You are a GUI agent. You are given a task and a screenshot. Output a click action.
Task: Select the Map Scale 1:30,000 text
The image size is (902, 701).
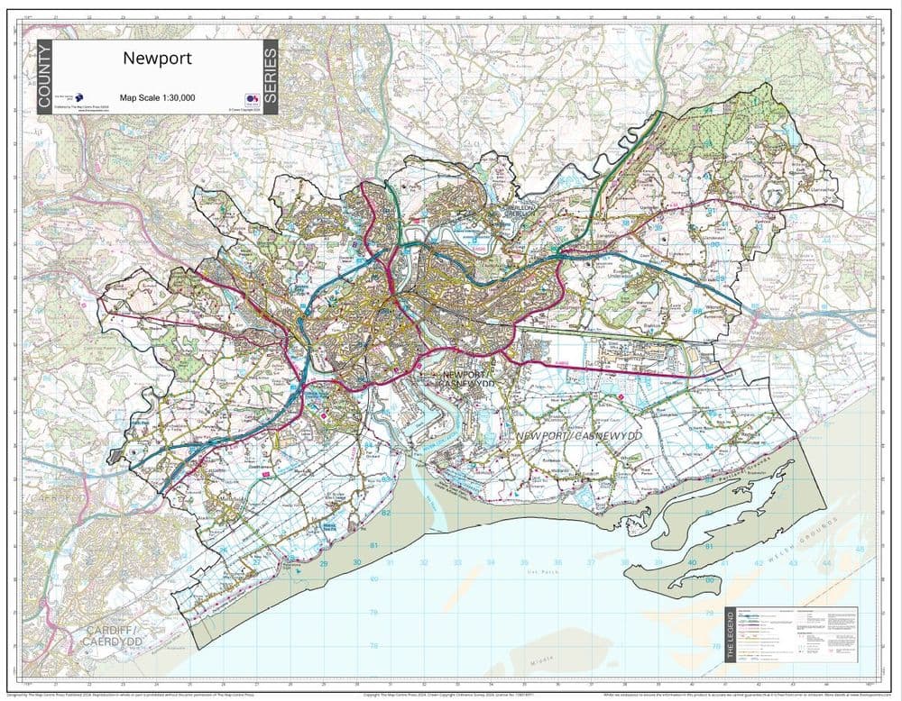click(157, 97)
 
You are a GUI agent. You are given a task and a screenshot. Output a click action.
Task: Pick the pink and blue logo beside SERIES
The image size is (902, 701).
click(250, 100)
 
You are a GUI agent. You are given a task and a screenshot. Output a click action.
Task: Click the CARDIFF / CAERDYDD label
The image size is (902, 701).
click(113, 634)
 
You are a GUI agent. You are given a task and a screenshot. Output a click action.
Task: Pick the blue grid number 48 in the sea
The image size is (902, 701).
click(859, 549)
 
